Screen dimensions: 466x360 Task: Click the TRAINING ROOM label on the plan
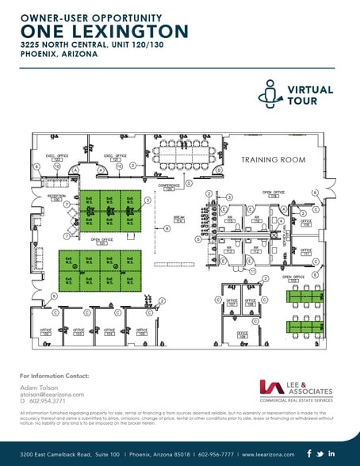coord(274,160)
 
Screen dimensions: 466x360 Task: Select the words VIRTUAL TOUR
coord(311,96)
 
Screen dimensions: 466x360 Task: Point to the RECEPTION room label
coord(56,197)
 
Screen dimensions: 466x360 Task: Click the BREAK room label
coord(179,220)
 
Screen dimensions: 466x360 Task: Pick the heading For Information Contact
coord(55,376)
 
